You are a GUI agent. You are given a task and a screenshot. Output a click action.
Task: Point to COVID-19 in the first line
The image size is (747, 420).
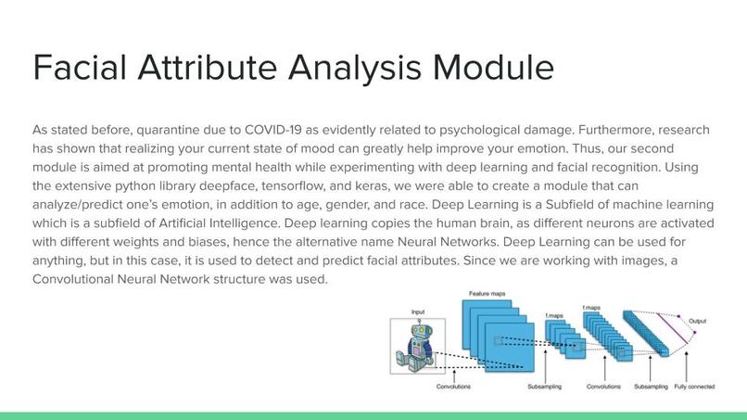tap(276, 130)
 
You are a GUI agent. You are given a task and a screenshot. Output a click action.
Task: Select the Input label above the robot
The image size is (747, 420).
tap(419, 312)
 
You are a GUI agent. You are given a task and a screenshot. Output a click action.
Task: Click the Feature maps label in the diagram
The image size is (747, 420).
tap(487, 293)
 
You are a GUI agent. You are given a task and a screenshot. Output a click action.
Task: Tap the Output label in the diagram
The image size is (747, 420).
tap(697, 321)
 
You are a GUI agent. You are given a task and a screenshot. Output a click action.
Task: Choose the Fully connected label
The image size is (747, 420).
tap(693, 386)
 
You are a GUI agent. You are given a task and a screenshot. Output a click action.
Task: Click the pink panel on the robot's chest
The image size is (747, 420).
tap(414, 351)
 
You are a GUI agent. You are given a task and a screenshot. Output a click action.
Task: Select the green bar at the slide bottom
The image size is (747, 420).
tap(373, 415)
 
